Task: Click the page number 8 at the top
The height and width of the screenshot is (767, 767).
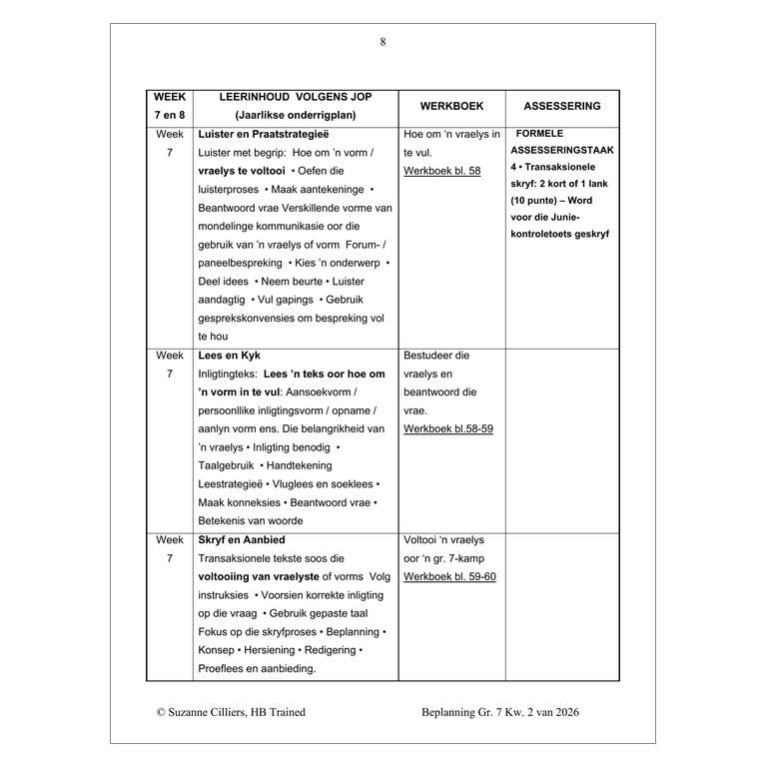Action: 383,42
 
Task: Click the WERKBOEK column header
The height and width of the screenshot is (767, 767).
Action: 451,106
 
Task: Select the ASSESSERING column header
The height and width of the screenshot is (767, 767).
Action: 562,106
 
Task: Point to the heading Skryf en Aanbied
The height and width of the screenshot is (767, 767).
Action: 242,540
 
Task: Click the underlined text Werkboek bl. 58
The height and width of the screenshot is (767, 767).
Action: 441,171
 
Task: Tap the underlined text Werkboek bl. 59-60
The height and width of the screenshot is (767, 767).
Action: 449,577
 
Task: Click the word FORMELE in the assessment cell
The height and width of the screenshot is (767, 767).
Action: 541,134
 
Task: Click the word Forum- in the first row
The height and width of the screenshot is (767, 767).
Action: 355,245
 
